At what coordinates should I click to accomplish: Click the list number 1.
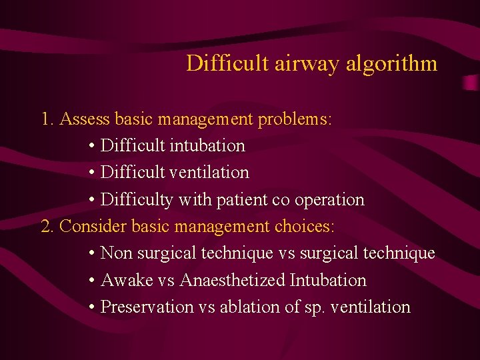pyautogui.click(x=46, y=119)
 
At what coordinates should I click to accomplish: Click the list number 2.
pyautogui.click(x=46, y=226)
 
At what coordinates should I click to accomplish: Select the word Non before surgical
pyautogui.click(x=116, y=253)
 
